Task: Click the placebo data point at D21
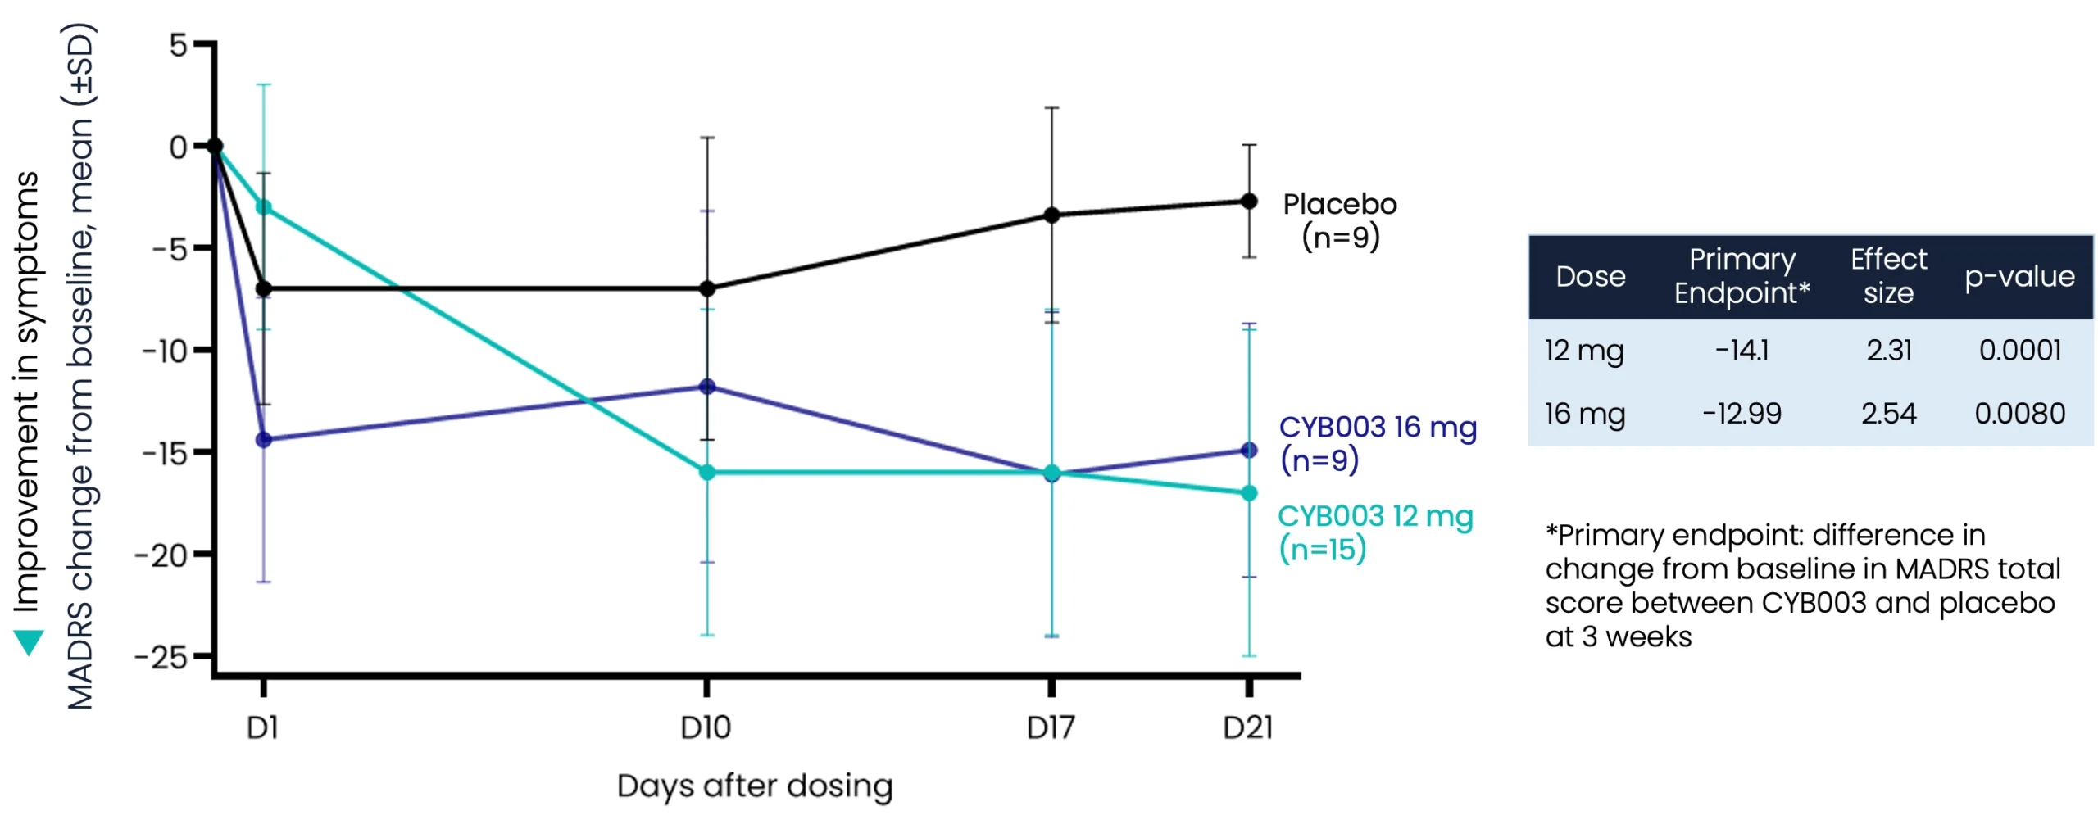[1248, 201]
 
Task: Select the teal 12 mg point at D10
[706, 472]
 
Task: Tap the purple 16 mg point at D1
[263, 439]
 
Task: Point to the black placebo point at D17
[1051, 215]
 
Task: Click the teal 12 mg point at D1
[263, 207]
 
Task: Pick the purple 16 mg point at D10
[706, 386]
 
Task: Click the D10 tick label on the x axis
[705, 727]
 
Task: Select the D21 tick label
[1247, 727]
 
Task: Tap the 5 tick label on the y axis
[178, 45]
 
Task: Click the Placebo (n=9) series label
[1339, 220]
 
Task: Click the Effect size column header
[1887, 275]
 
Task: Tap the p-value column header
[2019, 276]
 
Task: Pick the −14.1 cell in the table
[1742, 350]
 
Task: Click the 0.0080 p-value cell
[2019, 413]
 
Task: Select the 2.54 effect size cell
[1887, 413]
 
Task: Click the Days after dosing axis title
[754, 785]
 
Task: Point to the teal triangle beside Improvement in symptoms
[29, 641]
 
